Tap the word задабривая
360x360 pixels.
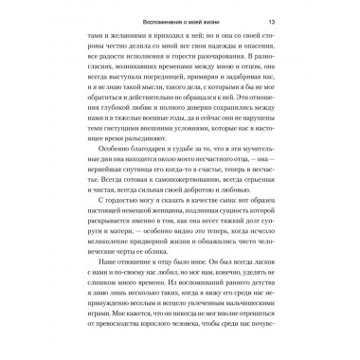245,80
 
